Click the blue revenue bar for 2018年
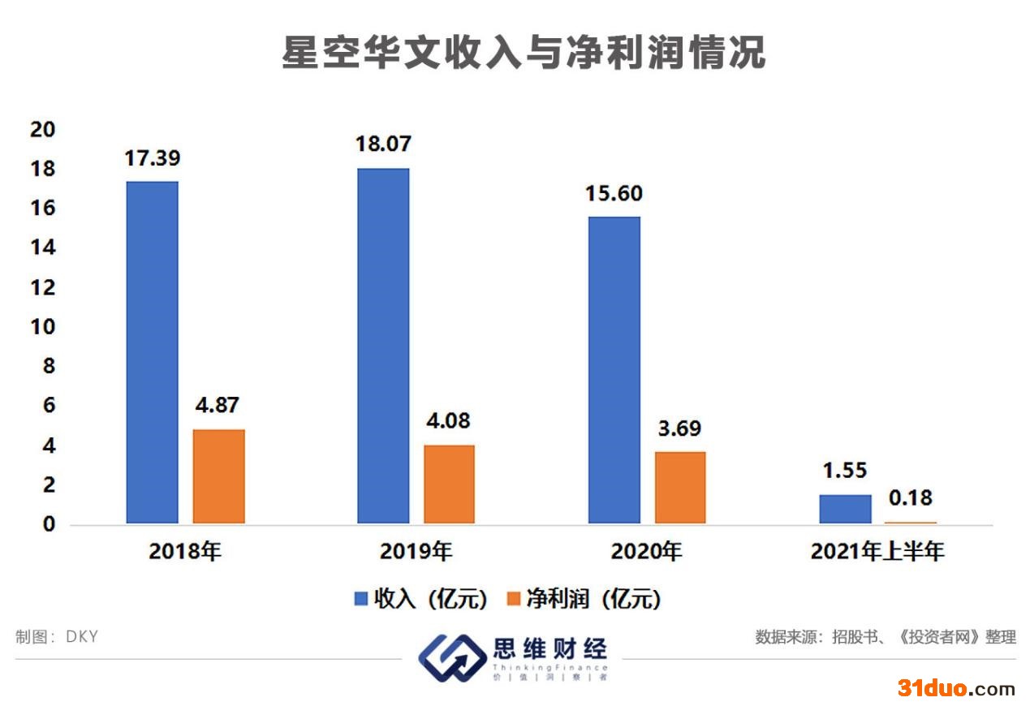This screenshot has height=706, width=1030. coord(153,352)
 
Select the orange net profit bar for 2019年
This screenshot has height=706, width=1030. coord(449,484)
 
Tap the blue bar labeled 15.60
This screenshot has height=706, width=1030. coord(614,370)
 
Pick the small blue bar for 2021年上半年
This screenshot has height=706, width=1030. coord(845,509)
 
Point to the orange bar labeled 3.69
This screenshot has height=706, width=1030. coord(680,488)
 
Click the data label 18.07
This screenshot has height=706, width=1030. coord(383,144)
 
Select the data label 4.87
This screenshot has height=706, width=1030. coord(217,405)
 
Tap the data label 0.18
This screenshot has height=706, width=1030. coord(911,497)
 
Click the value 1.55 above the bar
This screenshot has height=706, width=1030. coord(845,470)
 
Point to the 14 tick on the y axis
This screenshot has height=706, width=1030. coord(43,248)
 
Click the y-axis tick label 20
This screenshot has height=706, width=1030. coord(43,130)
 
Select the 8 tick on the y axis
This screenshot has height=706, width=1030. coord(49,366)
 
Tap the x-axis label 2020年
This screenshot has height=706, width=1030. coord(647,551)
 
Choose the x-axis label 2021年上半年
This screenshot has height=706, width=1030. coord(877,551)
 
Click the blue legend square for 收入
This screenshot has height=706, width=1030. coord(361,598)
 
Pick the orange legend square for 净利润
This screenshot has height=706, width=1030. coord(513,598)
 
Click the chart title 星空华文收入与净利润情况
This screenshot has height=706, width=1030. coord(524,53)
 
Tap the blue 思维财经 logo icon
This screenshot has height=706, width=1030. coord(452,658)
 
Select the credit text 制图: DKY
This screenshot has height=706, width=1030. coord(57,636)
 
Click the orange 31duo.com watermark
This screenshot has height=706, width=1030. coord(956,688)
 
